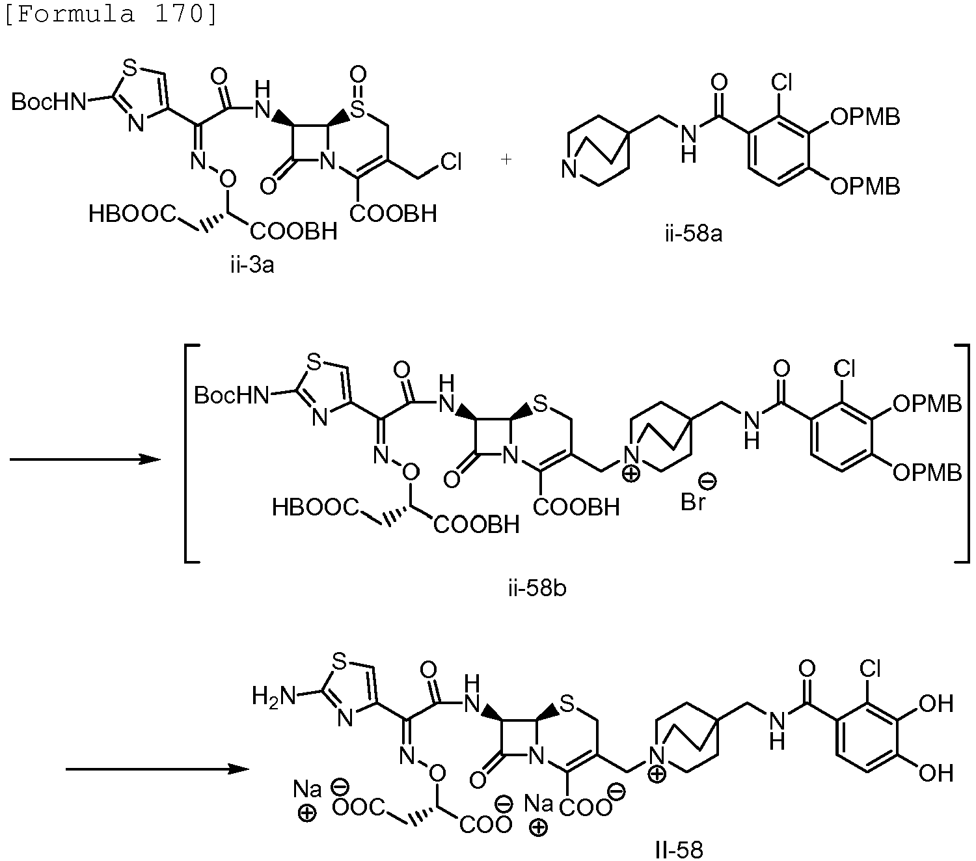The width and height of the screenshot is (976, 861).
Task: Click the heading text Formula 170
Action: click(111, 13)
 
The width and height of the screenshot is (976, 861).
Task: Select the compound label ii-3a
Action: click(252, 265)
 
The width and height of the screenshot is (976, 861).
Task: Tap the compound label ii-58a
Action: click(694, 234)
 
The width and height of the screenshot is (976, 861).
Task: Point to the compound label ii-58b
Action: click(537, 588)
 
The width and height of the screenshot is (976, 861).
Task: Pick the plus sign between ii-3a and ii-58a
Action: click(506, 159)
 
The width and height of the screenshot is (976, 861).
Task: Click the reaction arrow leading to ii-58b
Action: click(85, 459)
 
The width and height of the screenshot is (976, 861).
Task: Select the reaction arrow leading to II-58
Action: click(157, 769)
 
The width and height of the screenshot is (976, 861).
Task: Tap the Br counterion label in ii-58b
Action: click(693, 502)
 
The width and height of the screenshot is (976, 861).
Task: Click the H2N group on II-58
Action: click(273, 697)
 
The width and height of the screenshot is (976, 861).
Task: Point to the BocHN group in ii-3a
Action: click(48, 102)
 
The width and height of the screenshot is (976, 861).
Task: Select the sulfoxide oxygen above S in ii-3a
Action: click(358, 75)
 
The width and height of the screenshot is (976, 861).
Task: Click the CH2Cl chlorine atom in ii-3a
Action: click(451, 162)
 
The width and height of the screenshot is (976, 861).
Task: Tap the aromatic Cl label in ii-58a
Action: click(781, 83)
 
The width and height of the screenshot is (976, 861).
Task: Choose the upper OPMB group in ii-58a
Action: click(865, 117)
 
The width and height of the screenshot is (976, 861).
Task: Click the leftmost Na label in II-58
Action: click(307, 789)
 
